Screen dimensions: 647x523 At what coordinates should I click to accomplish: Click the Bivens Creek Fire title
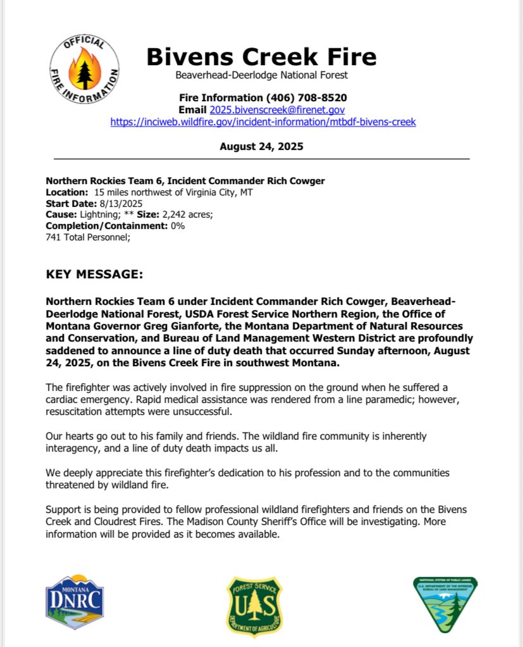click(261, 57)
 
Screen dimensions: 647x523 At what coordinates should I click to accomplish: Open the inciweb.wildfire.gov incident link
click(262, 121)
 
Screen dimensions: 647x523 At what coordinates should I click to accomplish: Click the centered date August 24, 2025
click(261, 146)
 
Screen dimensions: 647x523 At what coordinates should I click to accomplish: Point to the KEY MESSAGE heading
click(95, 276)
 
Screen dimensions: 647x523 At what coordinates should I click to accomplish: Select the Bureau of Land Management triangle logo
click(445, 603)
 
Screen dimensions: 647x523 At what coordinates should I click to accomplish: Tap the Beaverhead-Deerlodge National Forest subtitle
click(261, 76)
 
